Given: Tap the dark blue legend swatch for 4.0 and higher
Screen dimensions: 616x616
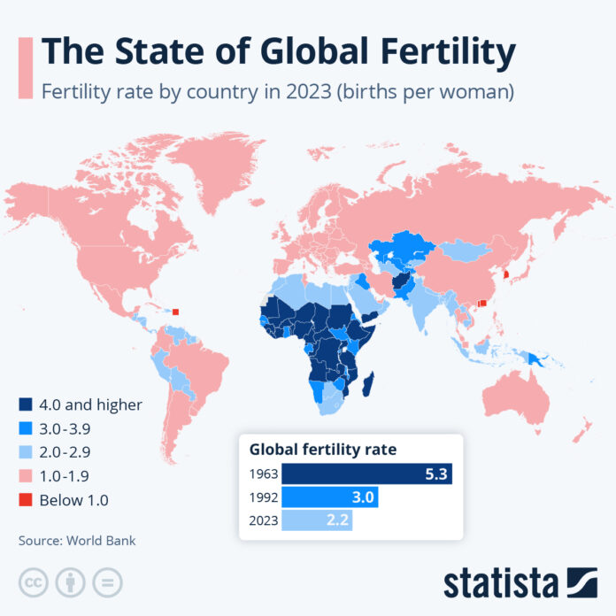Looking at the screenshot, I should (26, 404).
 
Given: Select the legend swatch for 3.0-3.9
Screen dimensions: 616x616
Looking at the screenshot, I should (26, 428).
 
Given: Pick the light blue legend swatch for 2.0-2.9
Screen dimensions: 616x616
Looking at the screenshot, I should (26, 452).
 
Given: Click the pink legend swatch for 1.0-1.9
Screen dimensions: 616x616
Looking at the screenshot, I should (26, 476).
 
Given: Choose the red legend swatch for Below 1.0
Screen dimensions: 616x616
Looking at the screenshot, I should (26, 500).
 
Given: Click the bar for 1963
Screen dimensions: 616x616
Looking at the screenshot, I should (367, 474).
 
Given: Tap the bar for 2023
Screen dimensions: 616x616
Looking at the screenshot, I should (317, 520).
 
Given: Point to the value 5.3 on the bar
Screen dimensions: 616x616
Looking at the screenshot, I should (435, 474).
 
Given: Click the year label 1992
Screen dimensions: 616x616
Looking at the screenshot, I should (263, 497).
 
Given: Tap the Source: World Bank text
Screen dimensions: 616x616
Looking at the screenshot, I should (77, 540).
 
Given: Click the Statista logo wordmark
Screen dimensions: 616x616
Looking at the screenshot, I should (501, 584).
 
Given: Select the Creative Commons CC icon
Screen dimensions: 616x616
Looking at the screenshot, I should (33, 582).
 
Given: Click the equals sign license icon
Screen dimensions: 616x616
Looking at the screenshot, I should (107, 582).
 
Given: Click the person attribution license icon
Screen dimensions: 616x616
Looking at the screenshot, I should (70, 582).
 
